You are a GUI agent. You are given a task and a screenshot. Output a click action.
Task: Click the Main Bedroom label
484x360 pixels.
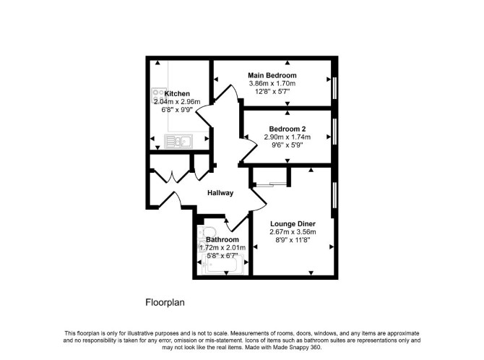(272, 75)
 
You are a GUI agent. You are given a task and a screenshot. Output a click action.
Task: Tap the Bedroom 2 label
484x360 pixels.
(288, 129)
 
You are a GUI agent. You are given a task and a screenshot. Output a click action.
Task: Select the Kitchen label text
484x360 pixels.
(177, 94)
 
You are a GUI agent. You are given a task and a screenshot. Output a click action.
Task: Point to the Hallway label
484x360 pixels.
(220, 193)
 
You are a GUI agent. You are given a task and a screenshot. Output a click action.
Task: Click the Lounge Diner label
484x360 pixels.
(293, 224)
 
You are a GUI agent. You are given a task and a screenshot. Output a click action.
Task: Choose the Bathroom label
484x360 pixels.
(222, 240)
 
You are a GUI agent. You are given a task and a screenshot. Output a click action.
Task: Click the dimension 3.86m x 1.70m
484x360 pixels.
(272, 83)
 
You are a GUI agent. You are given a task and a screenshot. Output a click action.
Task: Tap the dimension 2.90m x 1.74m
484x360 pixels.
(288, 137)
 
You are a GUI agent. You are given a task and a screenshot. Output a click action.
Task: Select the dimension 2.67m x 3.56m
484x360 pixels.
(293, 232)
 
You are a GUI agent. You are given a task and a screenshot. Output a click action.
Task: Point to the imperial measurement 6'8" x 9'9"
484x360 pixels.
(177, 110)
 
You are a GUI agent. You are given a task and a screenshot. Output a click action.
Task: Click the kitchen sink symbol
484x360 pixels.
(178, 141)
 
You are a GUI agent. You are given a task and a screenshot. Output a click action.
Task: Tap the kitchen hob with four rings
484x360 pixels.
(158, 95)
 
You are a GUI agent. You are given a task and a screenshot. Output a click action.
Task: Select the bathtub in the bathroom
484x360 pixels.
(222, 265)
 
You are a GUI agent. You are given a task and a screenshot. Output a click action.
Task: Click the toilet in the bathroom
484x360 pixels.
(207, 231)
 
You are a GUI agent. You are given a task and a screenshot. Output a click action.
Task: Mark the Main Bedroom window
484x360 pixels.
(334, 87)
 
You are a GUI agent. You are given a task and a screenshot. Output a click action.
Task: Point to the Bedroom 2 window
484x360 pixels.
(334, 131)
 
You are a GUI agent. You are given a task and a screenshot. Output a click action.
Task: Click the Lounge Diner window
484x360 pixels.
(334, 195)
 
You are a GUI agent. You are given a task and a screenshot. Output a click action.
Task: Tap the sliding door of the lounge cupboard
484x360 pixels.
(270, 184)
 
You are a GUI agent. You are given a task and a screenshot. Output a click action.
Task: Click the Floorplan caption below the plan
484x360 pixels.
(165, 302)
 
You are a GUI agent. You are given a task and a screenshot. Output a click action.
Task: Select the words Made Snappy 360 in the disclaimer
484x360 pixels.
(297, 347)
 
